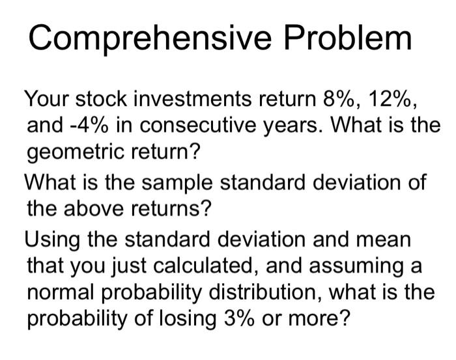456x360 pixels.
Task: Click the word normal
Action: tap(63, 291)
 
